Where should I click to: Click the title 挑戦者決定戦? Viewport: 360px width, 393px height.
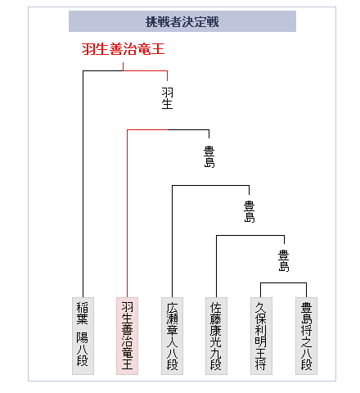(182, 21)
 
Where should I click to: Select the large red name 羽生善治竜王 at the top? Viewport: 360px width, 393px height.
(123, 49)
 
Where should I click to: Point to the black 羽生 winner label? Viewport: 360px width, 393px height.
(167, 98)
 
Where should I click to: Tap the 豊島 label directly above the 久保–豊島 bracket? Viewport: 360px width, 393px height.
(284, 261)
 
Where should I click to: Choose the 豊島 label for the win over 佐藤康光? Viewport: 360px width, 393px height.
(249, 212)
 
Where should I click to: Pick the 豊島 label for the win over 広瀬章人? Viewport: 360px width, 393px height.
(209, 156)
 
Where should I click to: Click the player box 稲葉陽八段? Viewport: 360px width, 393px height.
(83, 336)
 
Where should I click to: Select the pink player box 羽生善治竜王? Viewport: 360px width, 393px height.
(127, 336)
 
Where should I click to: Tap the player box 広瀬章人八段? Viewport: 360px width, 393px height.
(172, 336)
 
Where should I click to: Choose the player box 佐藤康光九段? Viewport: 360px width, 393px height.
(216, 336)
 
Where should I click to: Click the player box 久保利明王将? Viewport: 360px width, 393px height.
(261, 336)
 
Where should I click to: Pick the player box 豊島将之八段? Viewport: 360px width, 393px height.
(306, 336)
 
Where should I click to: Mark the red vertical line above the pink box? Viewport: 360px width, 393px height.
(127, 214)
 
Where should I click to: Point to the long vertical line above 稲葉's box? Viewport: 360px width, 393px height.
(83, 184)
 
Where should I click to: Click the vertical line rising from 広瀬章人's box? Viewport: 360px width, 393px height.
(172, 242)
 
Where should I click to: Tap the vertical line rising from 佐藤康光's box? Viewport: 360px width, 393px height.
(216, 266)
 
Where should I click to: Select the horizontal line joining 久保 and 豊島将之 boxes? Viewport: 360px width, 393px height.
(283, 283)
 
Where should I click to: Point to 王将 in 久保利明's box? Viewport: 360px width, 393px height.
(261, 359)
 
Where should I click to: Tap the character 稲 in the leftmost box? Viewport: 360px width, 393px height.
(83, 307)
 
